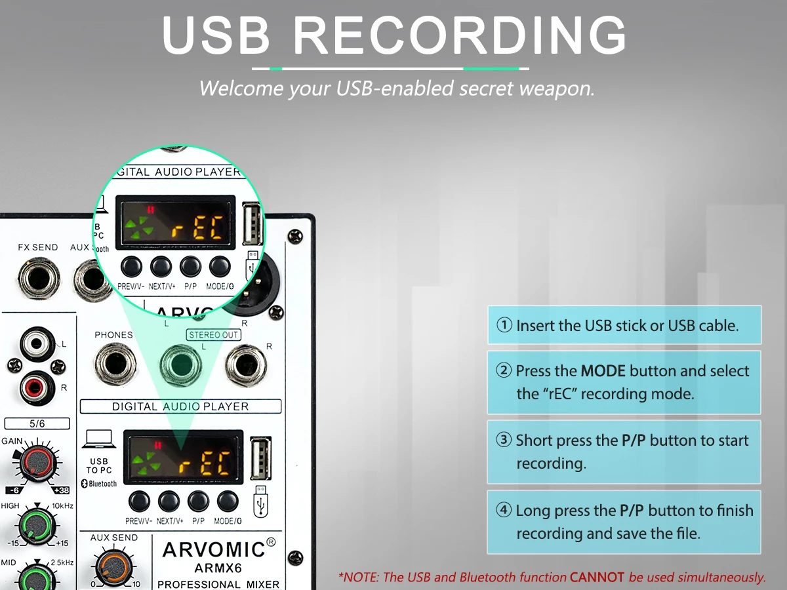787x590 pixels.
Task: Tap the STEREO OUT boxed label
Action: pyautogui.click(x=214, y=335)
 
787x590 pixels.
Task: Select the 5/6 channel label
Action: pyautogui.click(x=37, y=423)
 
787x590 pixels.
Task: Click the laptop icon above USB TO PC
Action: pyautogui.click(x=100, y=439)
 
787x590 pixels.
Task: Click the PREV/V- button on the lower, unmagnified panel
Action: pyautogui.click(x=138, y=501)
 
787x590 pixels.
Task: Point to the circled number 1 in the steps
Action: pyautogui.click(x=504, y=325)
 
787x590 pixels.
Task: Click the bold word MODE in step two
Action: pyautogui.click(x=603, y=371)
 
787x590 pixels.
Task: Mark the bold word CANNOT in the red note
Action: pyautogui.click(x=597, y=578)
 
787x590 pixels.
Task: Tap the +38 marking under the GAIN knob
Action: pyautogui.click(x=60, y=490)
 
